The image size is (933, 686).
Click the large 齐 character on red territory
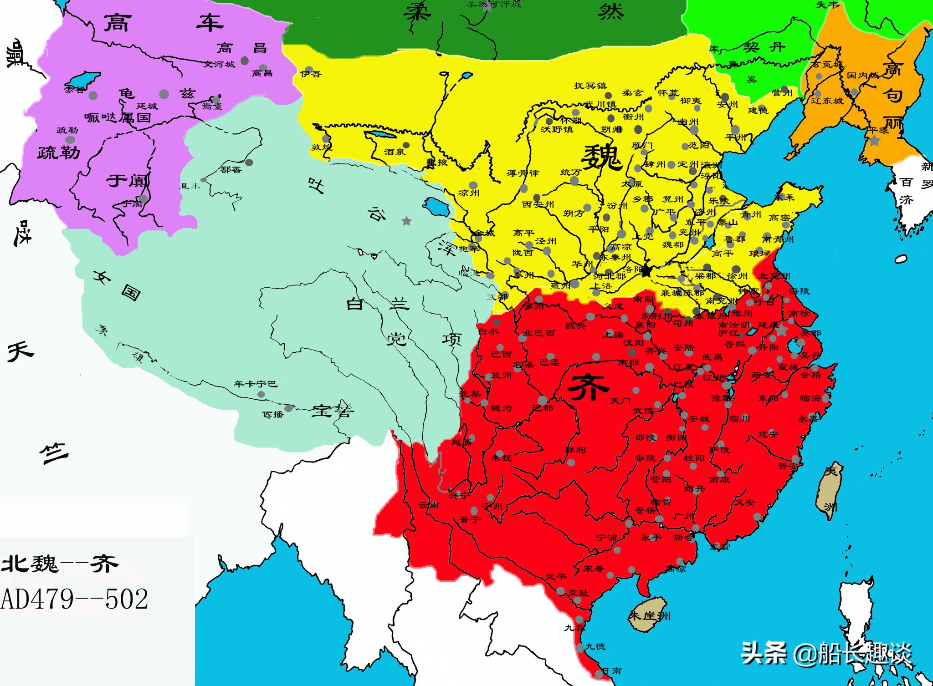pyautogui.click(x=588, y=387)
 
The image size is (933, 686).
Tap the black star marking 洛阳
pyautogui.click(x=646, y=271)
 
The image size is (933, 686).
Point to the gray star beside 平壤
pyautogui.click(x=874, y=141)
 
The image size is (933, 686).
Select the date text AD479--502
pyautogui.click(x=75, y=599)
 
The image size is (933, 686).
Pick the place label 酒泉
pyautogui.click(x=394, y=152)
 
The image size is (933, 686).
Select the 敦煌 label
pyautogui.click(x=321, y=147)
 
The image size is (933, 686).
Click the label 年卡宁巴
pyautogui.click(x=255, y=384)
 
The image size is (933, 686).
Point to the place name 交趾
pyautogui.click(x=579, y=593)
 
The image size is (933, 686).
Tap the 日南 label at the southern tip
pyautogui.click(x=612, y=671)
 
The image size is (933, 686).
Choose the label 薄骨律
pyautogui.click(x=523, y=173)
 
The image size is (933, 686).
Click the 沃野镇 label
pyautogui.click(x=556, y=130)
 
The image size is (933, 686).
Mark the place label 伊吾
pyautogui.click(x=311, y=74)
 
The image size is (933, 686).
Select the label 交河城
pyautogui.click(x=219, y=64)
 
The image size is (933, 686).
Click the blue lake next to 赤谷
pyautogui.click(x=87, y=79)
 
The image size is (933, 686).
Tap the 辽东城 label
pyautogui.click(x=827, y=101)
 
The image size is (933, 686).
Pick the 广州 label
pyautogui.click(x=683, y=516)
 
